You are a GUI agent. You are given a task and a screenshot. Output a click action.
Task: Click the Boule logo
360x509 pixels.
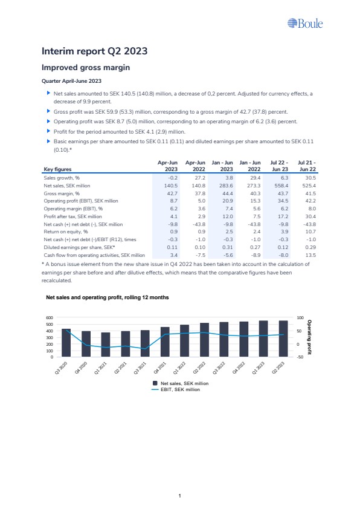(x=305, y=24)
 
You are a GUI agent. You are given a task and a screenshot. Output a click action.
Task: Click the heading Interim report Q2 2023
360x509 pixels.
(x=94, y=51)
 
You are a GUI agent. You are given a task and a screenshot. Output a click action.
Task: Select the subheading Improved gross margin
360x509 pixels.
(x=86, y=68)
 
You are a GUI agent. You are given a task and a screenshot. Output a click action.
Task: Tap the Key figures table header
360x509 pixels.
(x=57, y=169)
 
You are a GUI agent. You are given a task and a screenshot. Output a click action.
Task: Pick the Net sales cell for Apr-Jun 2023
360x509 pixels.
(x=170, y=186)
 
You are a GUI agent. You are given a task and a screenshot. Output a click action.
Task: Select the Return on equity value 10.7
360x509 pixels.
(x=310, y=232)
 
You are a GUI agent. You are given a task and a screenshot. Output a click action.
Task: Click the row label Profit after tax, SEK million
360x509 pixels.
(x=72, y=216)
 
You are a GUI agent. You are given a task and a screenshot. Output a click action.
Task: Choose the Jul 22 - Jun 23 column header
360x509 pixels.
(x=279, y=166)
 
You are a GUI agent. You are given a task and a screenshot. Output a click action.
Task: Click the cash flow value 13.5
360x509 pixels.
(x=310, y=255)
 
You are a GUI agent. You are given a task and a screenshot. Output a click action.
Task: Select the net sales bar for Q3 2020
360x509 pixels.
(x=66, y=343)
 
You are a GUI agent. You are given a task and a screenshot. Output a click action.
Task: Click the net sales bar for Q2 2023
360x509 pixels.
(x=283, y=339)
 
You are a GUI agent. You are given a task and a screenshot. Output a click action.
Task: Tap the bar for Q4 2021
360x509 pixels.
(x=165, y=342)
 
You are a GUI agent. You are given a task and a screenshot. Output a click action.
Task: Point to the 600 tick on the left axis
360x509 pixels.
(x=50, y=318)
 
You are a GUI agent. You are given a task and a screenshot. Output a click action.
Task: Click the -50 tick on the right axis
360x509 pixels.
(x=300, y=357)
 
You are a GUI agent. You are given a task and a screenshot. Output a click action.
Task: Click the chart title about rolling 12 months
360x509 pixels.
(x=108, y=297)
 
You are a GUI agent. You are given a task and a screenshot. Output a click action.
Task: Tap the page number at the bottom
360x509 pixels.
(x=179, y=496)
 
